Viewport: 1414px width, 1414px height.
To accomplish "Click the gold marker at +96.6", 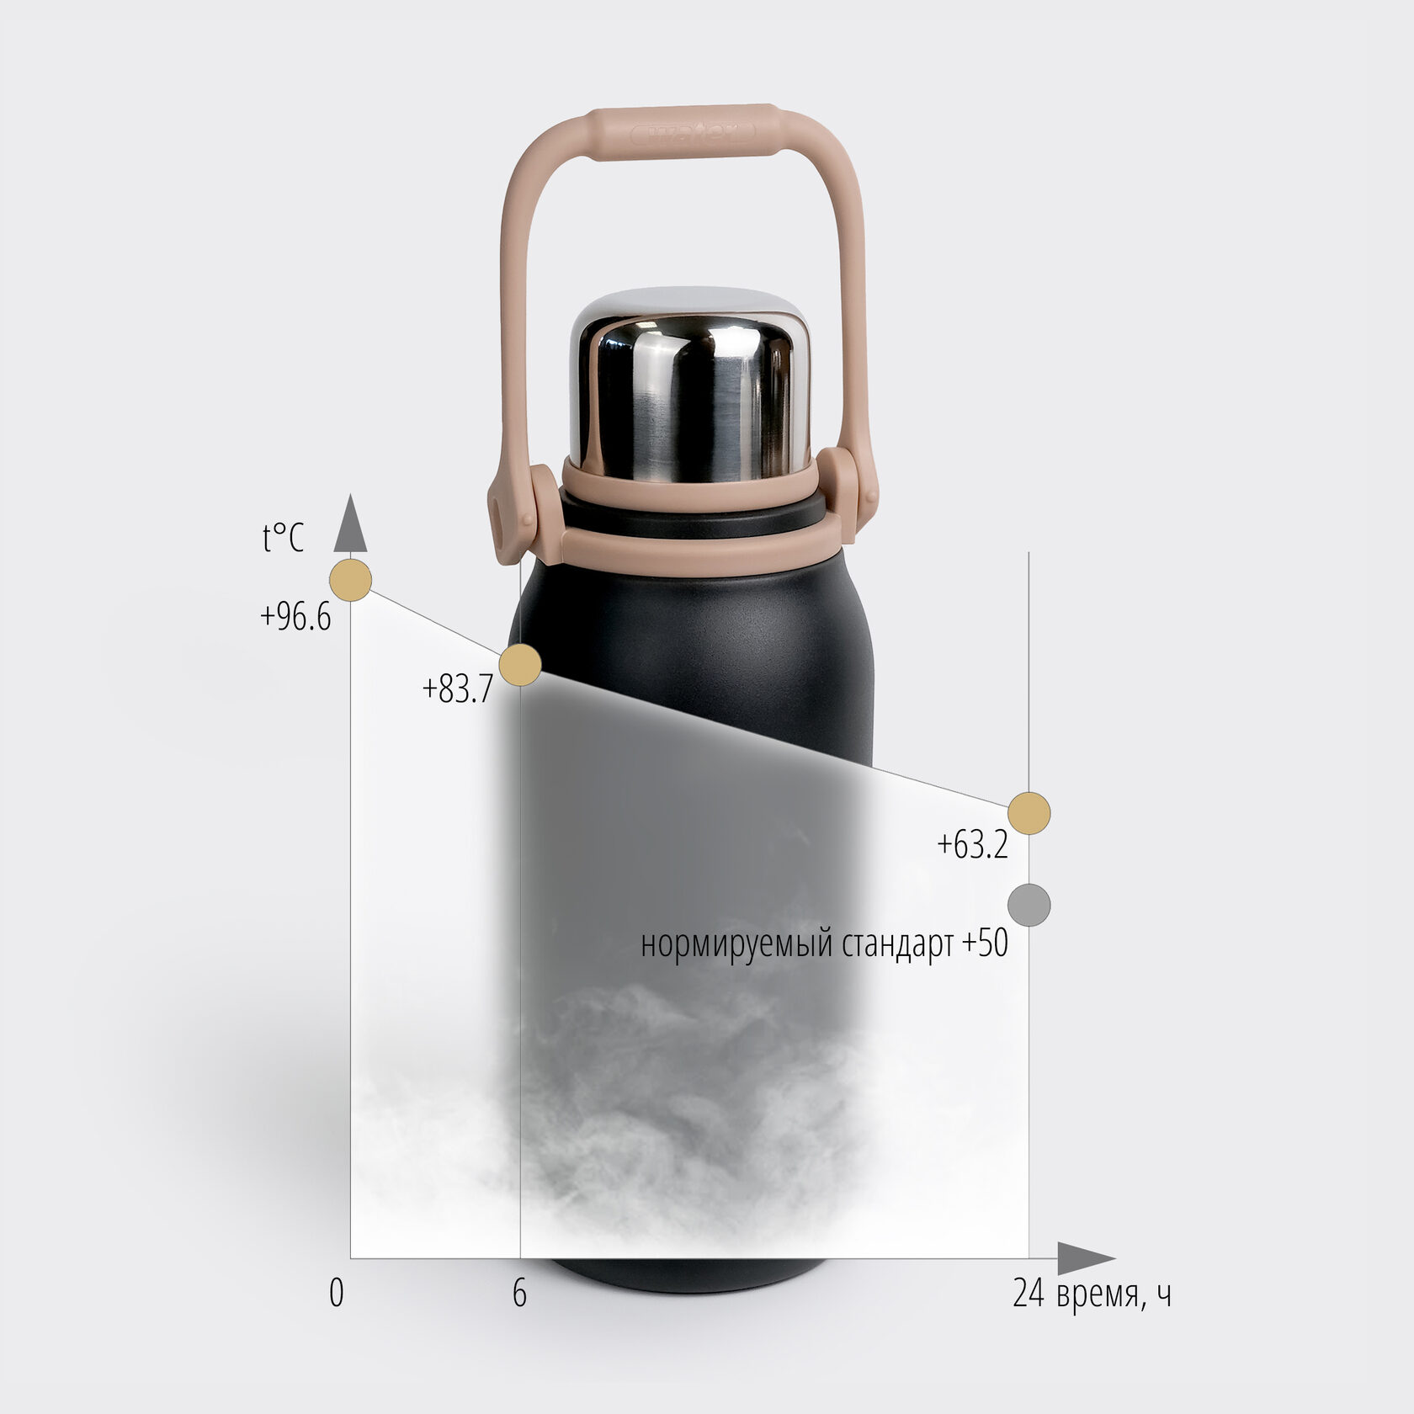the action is tap(350, 580).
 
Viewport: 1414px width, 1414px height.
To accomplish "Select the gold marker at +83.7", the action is tap(520, 665).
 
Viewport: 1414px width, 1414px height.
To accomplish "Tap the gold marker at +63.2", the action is tap(1029, 813).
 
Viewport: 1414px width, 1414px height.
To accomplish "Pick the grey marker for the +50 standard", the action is tap(1029, 906).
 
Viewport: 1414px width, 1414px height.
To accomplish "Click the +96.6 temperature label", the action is tap(295, 617).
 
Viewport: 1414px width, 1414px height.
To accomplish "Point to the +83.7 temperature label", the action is tap(457, 689).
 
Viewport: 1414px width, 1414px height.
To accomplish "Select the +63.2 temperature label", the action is tap(972, 844).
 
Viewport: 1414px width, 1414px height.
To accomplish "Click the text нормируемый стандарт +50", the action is tap(825, 944).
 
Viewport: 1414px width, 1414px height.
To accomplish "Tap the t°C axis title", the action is tap(283, 538).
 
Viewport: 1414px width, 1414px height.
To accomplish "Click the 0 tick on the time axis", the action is tap(337, 1294).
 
